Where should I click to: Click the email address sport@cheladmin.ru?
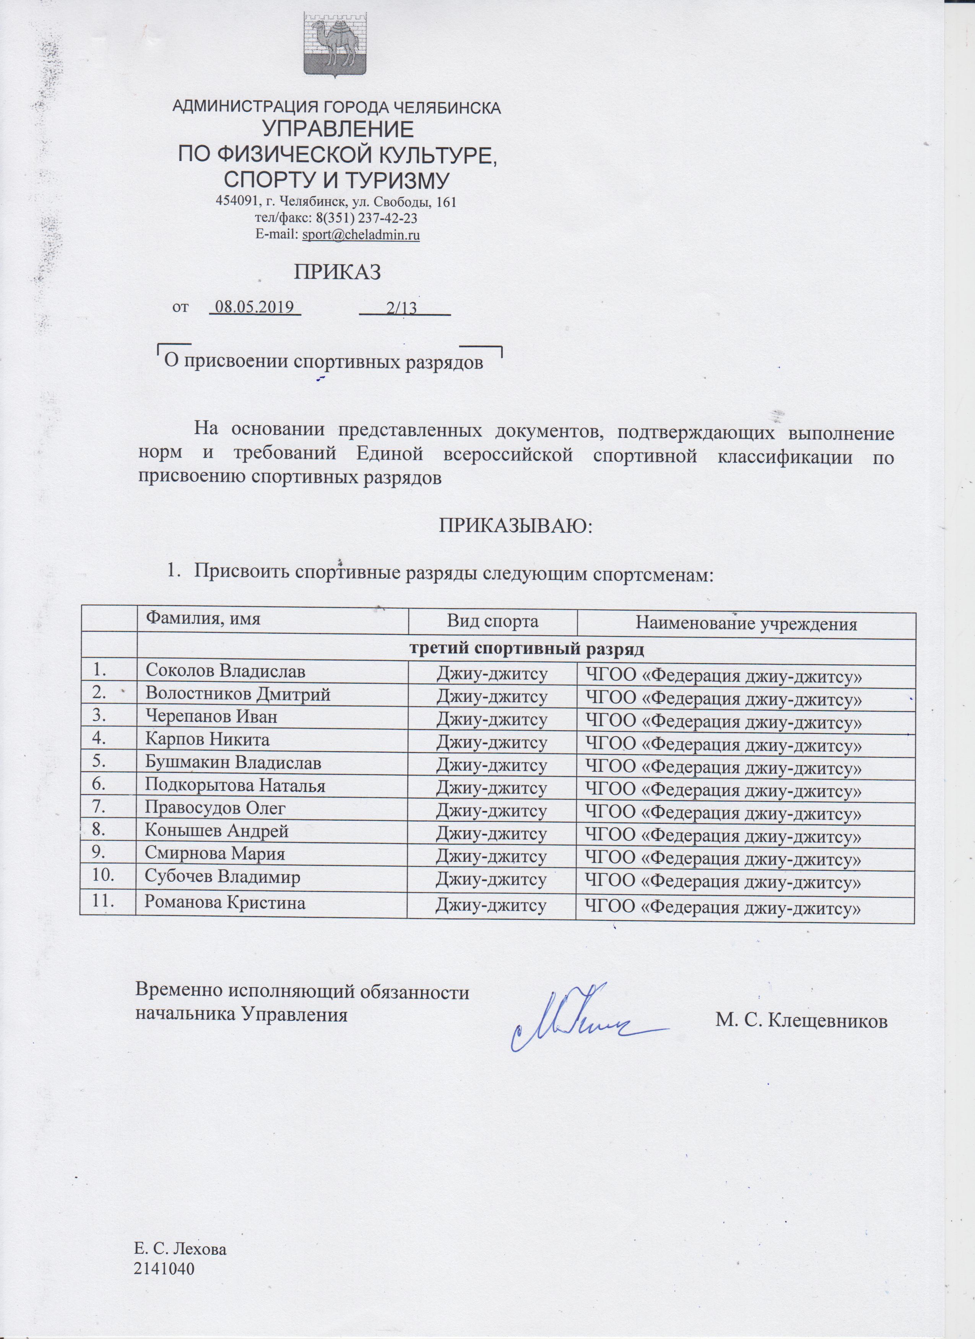(x=361, y=235)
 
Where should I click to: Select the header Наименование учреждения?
(x=746, y=623)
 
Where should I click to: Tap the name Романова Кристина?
(x=226, y=903)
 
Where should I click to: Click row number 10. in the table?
(x=107, y=877)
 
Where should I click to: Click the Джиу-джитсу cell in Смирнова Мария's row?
(x=491, y=856)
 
